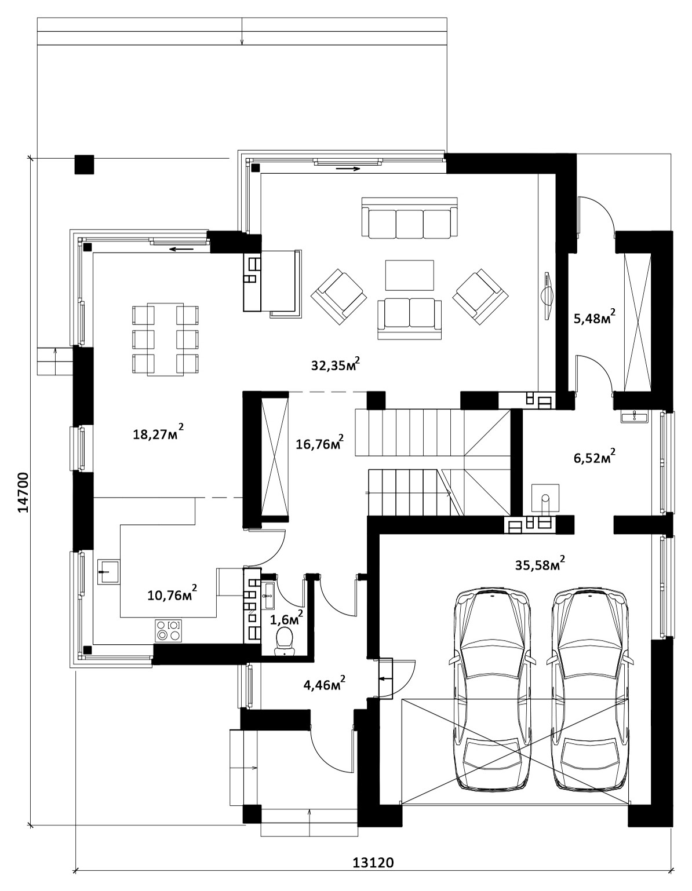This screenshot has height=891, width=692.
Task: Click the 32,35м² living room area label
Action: (x=336, y=364)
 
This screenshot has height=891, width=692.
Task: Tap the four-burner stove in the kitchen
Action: (x=168, y=630)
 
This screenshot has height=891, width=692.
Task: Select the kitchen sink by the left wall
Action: (x=108, y=572)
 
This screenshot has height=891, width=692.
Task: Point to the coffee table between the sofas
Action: (x=409, y=275)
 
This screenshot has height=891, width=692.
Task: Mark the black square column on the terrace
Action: (x=84, y=165)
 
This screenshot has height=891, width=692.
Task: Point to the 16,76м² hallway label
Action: (x=319, y=443)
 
